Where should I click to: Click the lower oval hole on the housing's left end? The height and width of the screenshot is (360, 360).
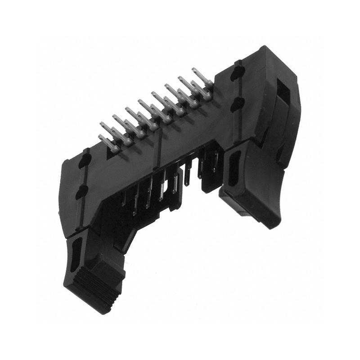tap(81, 192)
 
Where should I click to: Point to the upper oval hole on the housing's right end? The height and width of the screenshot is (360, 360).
tap(238, 72)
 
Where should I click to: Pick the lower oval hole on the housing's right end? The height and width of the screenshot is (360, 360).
tap(237, 104)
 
